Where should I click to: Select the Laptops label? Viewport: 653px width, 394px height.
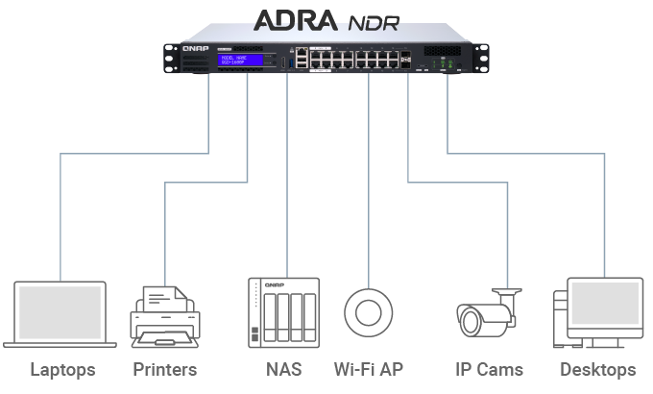click(x=62, y=370)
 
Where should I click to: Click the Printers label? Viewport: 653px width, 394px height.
click(x=164, y=370)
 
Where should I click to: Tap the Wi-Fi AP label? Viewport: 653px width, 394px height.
click(x=369, y=370)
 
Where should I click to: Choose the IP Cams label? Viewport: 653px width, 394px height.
click(x=489, y=370)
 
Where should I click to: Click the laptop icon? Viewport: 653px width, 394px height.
click(x=60, y=314)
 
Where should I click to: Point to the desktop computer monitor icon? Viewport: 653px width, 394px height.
click(x=605, y=306)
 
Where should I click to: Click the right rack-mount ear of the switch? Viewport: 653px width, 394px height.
click(x=477, y=58)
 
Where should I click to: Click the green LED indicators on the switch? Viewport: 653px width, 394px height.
click(x=445, y=65)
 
